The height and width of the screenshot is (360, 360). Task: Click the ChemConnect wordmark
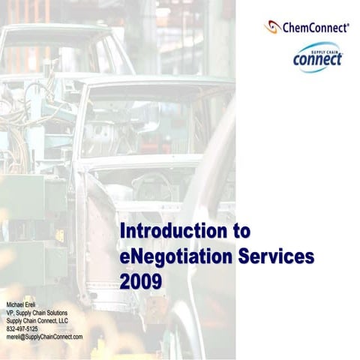(x=314, y=28)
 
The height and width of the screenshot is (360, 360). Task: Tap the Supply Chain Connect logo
(x=317, y=56)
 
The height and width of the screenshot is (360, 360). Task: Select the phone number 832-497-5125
(x=22, y=328)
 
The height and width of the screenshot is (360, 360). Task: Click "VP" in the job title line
(x=10, y=312)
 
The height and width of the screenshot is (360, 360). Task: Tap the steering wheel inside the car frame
(x=154, y=184)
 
